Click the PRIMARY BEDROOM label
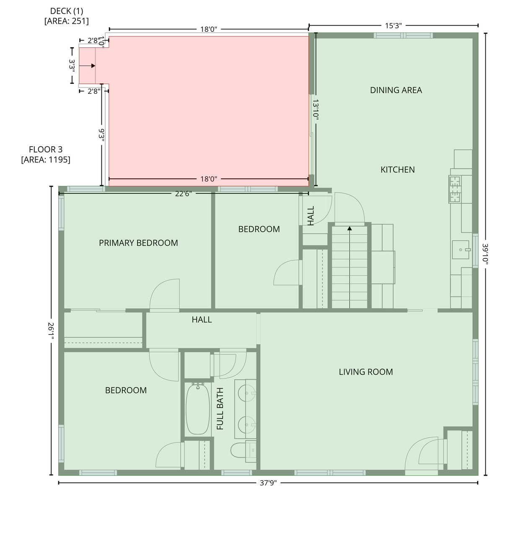138,243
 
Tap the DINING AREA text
396,90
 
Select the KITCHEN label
397,170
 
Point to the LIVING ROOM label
365,372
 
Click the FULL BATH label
220,408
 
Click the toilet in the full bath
243,451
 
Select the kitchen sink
461,250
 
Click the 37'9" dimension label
268,483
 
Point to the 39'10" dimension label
485,254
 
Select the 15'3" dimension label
393,26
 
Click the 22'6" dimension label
183,193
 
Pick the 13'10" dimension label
316,110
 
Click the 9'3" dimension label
101,135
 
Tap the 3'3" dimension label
72,66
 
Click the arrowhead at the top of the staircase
349,228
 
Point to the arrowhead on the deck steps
93,66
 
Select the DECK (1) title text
66,11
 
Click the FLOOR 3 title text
46,149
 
